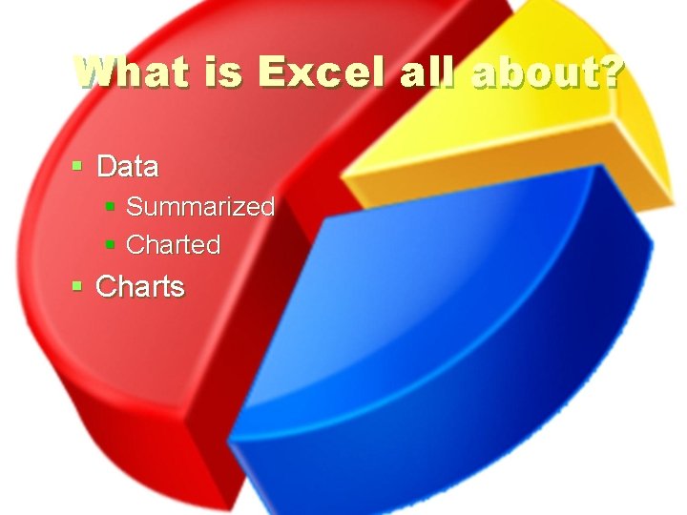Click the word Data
(128, 167)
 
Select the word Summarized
(200, 206)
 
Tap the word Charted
(173, 245)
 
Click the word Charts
(140, 286)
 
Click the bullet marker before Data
(78, 167)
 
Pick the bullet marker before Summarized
(111, 207)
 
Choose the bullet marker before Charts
(78, 286)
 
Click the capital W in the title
(96, 71)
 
